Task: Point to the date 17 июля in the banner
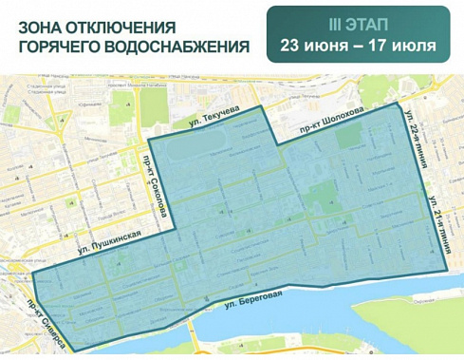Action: pos(402,46)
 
